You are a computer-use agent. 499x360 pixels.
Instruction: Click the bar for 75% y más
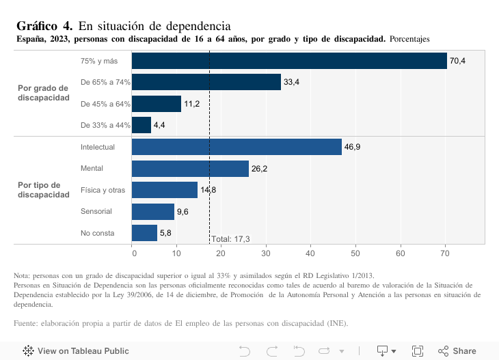pos(289,61)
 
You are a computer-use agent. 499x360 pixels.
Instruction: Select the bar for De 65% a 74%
pos(206,82)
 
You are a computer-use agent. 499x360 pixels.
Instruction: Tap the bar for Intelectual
pos(237,147)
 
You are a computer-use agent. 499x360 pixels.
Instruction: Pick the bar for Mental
pos(190,169)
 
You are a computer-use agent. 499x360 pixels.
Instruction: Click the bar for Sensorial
pos(153,212)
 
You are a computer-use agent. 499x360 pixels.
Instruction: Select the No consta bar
pos(144,233)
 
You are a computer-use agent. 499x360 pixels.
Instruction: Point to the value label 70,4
pos(457,61)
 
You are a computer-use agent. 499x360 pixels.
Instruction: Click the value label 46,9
pos(352,148)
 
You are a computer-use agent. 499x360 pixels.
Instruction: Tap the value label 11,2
pos(192,105)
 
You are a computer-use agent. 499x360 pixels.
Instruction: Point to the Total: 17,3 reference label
pos(230,238)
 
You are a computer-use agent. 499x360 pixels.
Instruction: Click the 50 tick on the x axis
pos(355,253)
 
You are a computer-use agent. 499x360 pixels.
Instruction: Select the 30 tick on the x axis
pos(266,253)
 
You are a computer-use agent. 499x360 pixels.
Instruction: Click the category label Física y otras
pos(103,190)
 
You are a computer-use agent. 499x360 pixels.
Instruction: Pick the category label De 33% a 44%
pos(105,126)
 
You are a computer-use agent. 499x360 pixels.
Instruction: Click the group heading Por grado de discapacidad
pos(44,93)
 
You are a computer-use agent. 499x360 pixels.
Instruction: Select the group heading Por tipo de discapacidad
pos(44,190)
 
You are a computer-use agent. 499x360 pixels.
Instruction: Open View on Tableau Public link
pos(76,351)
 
